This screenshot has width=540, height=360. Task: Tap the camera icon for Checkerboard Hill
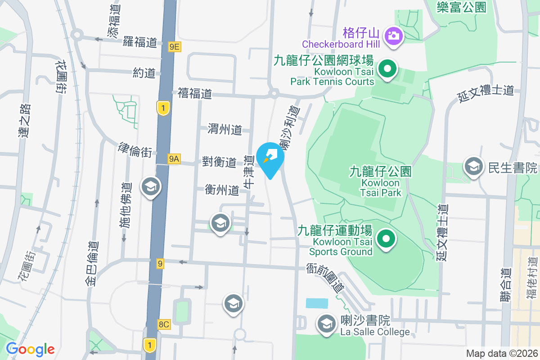394,35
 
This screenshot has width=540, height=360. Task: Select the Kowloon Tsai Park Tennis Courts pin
387,69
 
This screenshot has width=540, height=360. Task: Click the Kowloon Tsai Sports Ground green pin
386,238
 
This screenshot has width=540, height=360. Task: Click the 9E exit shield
175,46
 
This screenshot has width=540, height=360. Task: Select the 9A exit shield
174,158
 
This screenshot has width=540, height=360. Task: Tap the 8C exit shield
164,324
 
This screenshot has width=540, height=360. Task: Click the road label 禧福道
194,94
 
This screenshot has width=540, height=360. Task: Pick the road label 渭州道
225,130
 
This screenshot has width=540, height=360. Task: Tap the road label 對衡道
219,162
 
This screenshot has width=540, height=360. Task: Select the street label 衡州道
222,189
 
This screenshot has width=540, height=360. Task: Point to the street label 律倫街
135,150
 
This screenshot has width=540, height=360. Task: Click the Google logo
30,349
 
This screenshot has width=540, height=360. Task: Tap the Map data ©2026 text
501,353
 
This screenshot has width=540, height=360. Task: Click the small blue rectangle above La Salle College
317,303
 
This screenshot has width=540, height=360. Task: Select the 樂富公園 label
462,7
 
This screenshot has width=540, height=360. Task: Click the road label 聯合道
506,284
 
